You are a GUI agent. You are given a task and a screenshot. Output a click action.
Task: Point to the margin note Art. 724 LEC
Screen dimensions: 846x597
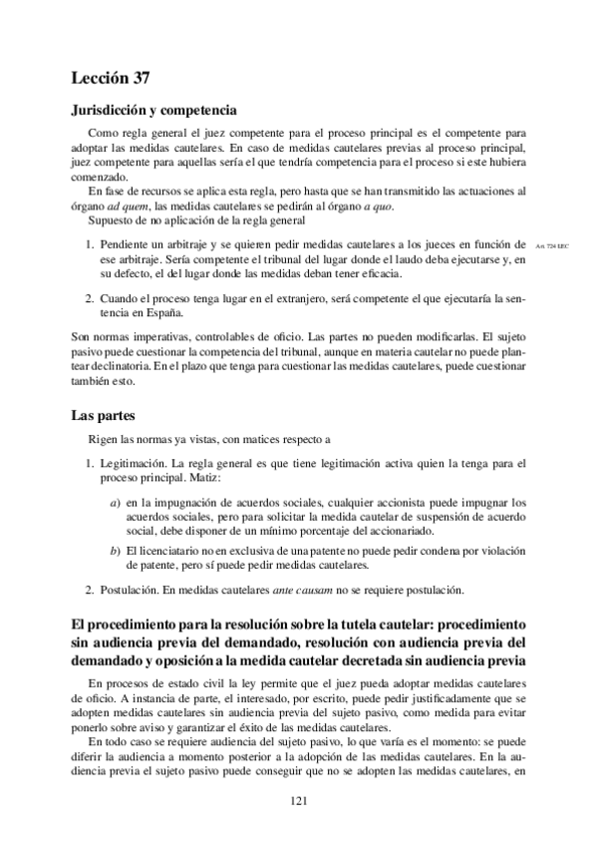coord(551,244)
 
